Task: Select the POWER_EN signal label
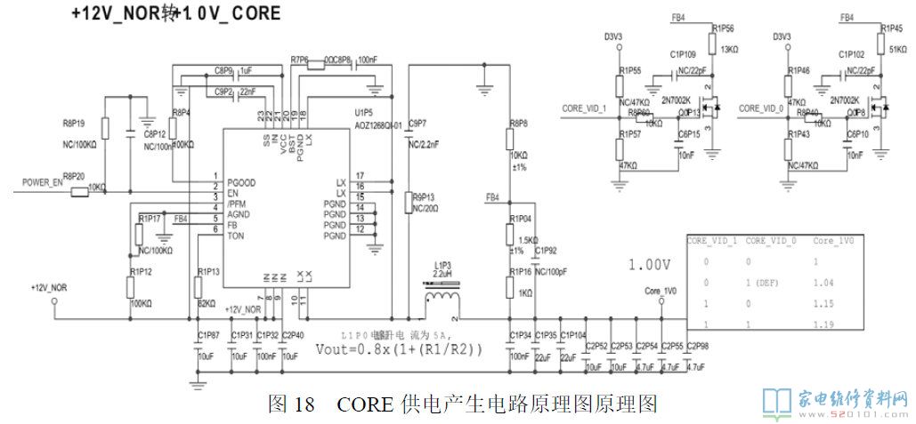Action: (x=43, y=182)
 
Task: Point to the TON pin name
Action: (x=236, y=236)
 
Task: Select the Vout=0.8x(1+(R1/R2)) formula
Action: (x=399, y=349)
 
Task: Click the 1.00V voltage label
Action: (x=648, y=265)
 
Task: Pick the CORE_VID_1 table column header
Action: (x=714, y=241)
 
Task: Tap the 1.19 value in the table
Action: (x=823, y=324)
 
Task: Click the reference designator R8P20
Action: (x=73, y=176)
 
